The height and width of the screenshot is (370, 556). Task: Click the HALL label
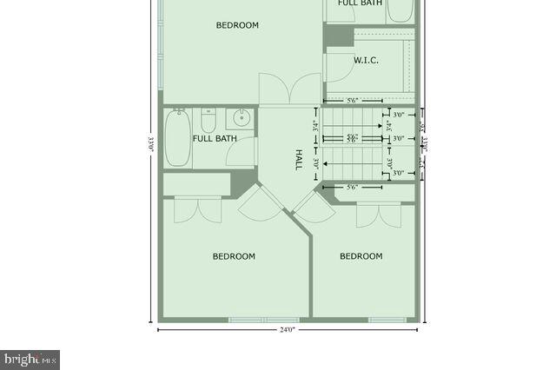298,159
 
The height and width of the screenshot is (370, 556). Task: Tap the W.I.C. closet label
365,60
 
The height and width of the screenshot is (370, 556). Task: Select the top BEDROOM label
237,25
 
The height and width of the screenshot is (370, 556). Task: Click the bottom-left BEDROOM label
234,256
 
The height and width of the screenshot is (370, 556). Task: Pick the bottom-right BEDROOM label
361,256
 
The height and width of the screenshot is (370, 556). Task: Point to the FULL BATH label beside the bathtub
215,139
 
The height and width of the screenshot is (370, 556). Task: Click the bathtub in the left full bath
178,137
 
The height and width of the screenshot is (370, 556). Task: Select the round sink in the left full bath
240,118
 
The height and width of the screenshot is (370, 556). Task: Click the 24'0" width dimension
288,330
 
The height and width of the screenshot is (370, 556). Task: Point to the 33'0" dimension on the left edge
150,144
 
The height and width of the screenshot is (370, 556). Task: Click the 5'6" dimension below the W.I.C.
353,101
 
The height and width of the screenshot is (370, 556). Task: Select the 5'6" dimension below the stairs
353,188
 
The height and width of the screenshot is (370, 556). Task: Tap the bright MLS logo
30,359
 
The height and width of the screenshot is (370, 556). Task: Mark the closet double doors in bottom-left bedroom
198,209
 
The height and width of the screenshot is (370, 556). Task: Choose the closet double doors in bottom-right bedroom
379,215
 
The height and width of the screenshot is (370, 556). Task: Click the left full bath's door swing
240,154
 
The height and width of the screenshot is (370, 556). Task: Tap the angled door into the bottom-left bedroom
260,203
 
